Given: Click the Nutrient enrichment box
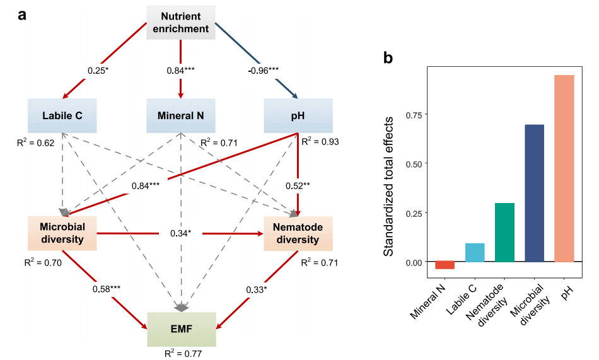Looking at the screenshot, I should tap(182, 22).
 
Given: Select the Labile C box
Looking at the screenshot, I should tap(62, 115).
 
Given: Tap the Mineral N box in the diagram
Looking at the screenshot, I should tap(181, 115).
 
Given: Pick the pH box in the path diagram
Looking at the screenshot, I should tap(296, 115).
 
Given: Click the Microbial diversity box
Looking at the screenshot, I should tap(62, 233).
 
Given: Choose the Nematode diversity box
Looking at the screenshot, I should tap(296, 233).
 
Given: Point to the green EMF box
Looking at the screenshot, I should tap(182, 328).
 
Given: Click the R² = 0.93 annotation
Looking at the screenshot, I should tap(320, 142).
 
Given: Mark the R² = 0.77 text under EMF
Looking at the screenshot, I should tap(182, 353).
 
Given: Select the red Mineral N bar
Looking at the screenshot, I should tap(445, 265).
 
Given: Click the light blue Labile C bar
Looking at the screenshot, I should tap(475, 252).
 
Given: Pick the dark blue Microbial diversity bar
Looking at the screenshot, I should tap(534, 193).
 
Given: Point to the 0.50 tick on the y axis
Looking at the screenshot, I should tap(412, 163).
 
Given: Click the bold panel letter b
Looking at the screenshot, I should tap(389, 58).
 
